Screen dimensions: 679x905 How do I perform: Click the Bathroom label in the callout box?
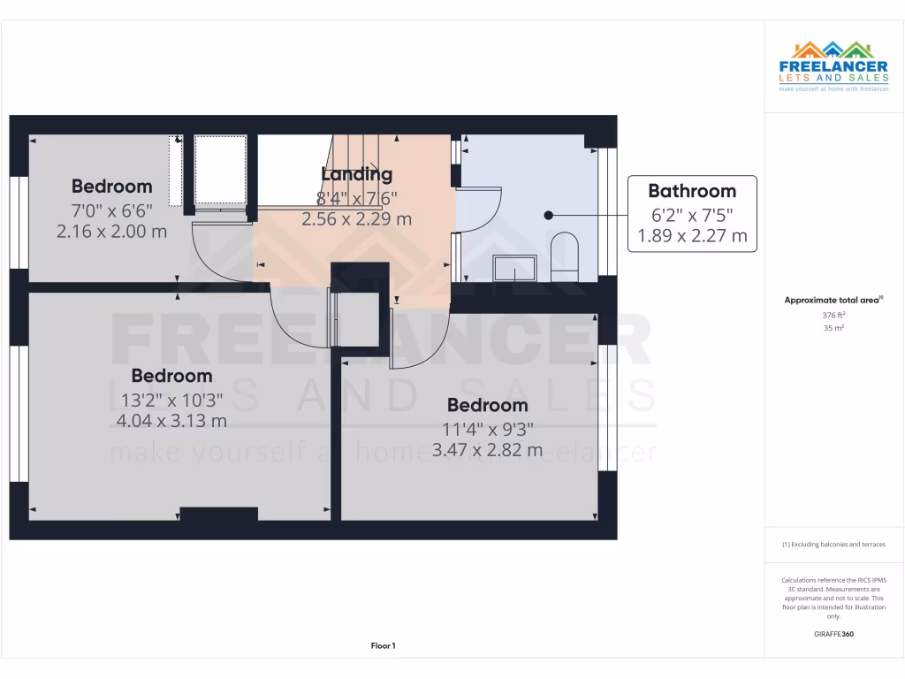click(692, 191)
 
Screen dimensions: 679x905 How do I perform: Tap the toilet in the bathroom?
click(563, 256)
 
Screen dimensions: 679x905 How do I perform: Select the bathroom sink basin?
click(514, 267)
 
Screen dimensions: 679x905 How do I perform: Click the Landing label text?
click(356, 174)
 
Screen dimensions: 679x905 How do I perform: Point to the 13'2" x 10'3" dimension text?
click(171, 400)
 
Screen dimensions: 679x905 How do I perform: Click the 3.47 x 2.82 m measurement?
click(487, 450)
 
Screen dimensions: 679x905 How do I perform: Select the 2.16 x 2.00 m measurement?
click(111, 232)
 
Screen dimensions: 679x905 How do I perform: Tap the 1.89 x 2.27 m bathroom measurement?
click(692, 236)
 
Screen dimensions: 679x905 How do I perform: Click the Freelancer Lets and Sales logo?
click(833, 67)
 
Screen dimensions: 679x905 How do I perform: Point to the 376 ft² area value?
click(833, 315)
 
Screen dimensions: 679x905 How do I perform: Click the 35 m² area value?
click(833, 328)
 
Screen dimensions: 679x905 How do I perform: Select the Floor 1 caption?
click(383, 646)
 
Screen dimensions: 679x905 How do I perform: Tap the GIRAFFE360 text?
click(833, 634)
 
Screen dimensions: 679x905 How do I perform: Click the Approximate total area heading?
click(832, 301)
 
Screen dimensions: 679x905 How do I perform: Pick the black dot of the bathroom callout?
click(548, 215)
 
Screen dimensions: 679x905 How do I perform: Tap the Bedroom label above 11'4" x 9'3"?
click(487, 406)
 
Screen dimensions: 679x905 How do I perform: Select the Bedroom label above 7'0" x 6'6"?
click(111, 187)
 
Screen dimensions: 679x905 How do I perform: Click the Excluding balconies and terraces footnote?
click(833, 545)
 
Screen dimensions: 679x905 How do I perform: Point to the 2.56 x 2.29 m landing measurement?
click(356, 219)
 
